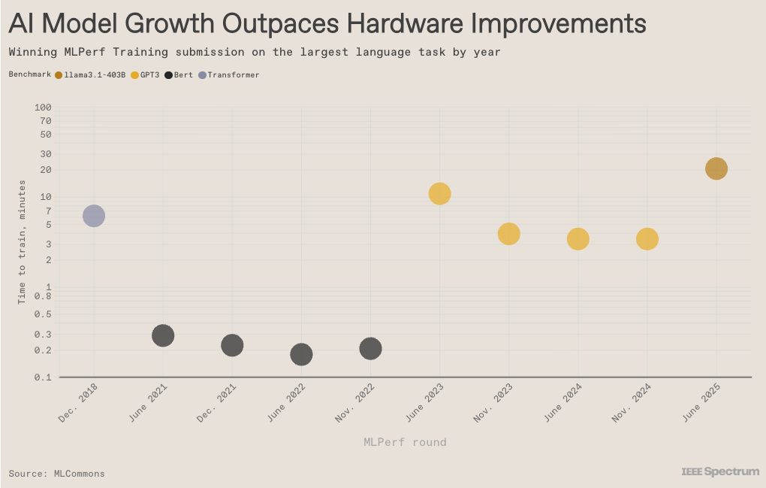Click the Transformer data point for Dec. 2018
click(x=93, y=217)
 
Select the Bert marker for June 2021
click(x=163, y=335)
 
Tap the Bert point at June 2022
click(x=301, y=354)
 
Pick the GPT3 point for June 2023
click(x=439, y=194)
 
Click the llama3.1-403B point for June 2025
click(x=716, y=168)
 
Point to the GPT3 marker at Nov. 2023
click(x=508, y=234)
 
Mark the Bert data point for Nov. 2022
click(x=370, y=348)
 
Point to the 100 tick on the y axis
click(x=43, y=108)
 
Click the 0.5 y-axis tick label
click(x=43, y=314)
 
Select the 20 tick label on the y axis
click(x=45, y=170)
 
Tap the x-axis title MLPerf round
click(x=405, y=442)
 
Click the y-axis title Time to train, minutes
click(x=22, y=241)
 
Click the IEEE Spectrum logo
click(x=719, y=471)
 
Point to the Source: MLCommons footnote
click(x=57, y=474)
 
